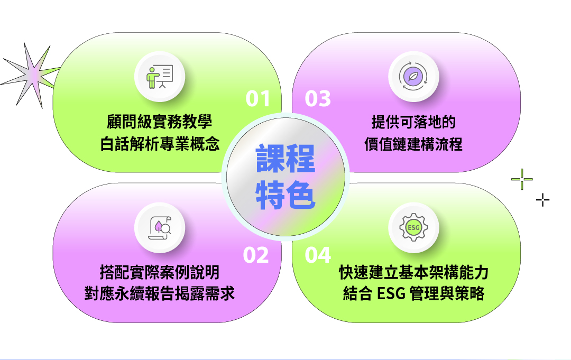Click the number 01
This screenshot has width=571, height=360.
258,99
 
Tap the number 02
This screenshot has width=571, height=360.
256,255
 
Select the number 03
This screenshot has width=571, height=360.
318,99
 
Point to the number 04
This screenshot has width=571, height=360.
318,255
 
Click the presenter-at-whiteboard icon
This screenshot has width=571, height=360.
160,77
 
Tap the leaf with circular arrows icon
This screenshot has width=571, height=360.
413,77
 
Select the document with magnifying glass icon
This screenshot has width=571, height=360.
160,228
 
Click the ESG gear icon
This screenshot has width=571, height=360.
413,227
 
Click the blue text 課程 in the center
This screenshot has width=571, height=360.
285,159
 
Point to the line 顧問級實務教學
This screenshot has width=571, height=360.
160,122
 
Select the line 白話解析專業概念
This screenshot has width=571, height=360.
160,144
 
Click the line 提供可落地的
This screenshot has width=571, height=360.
413,122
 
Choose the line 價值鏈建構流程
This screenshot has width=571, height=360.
413,144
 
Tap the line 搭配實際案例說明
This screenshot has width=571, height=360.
160,272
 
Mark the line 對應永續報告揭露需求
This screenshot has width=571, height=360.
160,293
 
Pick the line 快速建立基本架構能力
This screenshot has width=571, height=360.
413,272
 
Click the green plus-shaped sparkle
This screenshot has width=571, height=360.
522,179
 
